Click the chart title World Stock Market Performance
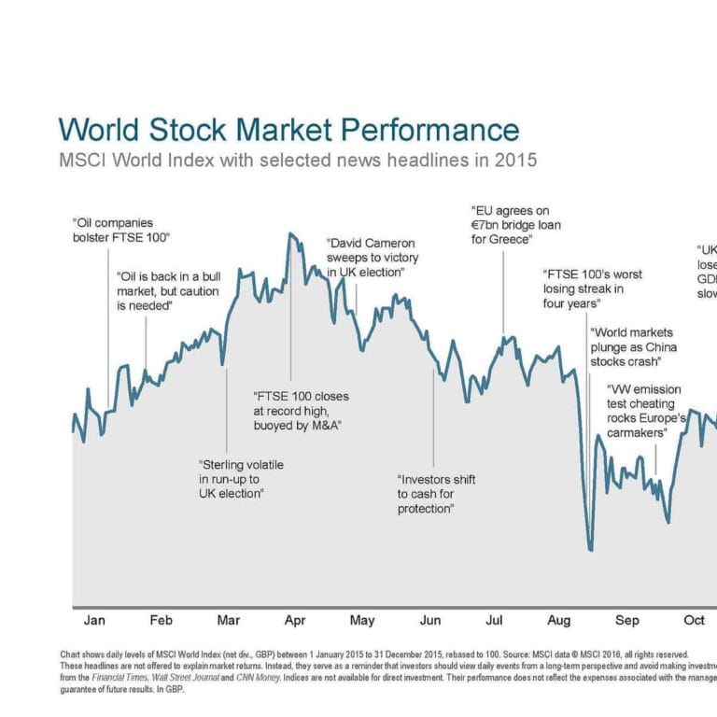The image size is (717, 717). point(288,129)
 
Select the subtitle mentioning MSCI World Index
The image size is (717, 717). point(298,160)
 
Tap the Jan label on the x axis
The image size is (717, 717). point(94,621)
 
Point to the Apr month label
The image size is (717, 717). point(295,621)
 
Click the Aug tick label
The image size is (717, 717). point(559,621)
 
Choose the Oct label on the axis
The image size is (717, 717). point(694,621)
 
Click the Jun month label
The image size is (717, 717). point(430,621)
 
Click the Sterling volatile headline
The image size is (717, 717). point(241,478)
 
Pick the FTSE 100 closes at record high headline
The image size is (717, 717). point(302,411)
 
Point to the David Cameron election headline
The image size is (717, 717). point(372,257)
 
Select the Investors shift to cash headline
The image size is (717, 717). point(436,494)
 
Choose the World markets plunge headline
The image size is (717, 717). point(631,346)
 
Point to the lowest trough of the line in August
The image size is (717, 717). point(590,550)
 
